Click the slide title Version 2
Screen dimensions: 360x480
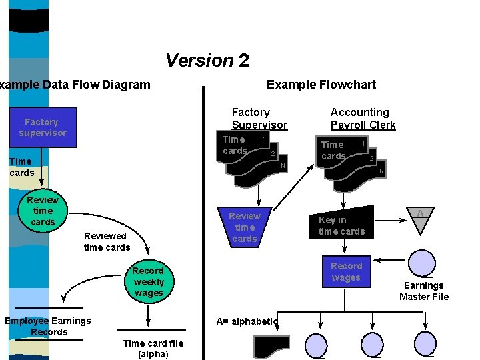207,61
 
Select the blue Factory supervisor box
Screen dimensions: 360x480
42,127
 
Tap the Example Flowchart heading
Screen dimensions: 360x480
321,85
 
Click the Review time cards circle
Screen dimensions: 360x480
43,211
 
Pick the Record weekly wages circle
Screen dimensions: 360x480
148,282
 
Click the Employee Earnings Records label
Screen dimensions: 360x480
48,326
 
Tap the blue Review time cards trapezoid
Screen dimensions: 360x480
244,227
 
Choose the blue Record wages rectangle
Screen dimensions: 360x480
346,271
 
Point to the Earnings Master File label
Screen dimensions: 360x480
424,291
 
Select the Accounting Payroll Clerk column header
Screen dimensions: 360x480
363,119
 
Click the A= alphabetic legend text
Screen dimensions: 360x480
247,321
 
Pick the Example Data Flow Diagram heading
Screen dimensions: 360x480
75,85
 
